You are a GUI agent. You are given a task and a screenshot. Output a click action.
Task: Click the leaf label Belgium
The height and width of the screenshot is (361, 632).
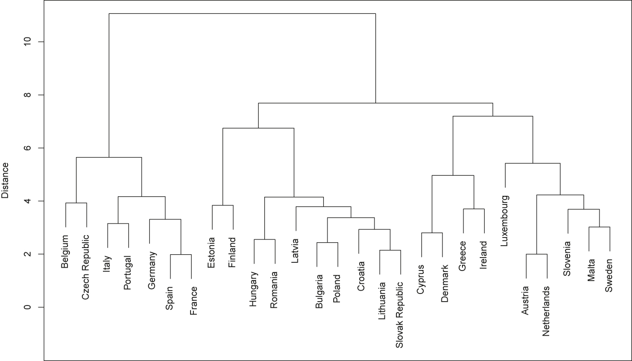(66, 252)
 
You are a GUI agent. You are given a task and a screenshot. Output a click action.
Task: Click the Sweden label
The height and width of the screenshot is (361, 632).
(609, 275)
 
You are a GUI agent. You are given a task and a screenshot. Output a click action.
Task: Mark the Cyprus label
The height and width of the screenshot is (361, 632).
(421, 280)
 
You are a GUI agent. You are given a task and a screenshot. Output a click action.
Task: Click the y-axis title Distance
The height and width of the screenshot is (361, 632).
(5, 180)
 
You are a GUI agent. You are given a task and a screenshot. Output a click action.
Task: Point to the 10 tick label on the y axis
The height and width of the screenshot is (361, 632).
(27, 42)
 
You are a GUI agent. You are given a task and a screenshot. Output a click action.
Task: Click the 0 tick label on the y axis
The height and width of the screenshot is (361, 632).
(27, 307)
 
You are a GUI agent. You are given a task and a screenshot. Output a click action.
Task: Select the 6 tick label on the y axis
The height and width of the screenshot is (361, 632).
(27, 148)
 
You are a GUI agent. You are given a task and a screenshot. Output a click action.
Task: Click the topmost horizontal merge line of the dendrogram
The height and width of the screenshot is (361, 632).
(242, 14)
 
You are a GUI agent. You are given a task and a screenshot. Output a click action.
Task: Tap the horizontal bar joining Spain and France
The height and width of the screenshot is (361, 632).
(181, 255)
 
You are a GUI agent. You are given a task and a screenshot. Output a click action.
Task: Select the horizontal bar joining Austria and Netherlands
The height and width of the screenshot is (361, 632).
(537, 255)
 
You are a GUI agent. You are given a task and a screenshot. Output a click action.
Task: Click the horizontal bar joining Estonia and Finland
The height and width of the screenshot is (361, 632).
(223, 205)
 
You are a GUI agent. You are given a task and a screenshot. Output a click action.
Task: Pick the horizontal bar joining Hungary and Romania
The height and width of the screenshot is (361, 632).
(264, 239)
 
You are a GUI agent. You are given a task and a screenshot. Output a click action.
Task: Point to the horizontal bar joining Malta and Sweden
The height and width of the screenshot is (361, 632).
(599, 227)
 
